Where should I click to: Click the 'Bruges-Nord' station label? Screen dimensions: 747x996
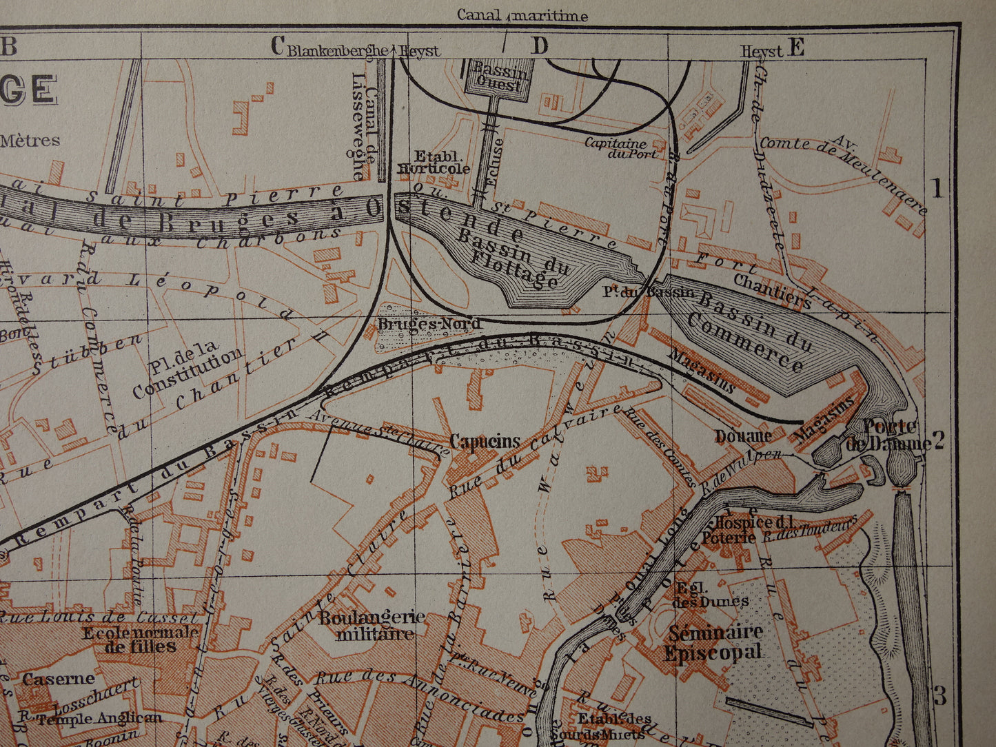click(428, 323)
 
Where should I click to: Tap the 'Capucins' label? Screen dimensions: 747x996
click(485, 441)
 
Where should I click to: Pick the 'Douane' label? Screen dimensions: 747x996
click(742, 436)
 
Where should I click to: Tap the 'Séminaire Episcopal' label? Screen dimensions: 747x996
click(714, 642)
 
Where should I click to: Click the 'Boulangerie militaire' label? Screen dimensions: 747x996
click(372, 625)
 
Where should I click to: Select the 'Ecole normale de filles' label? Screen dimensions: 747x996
click(140, 639)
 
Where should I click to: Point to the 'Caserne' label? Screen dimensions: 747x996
click(58, 679)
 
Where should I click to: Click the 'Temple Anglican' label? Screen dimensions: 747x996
click(100, 718)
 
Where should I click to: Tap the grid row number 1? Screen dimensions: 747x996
click(937, 188)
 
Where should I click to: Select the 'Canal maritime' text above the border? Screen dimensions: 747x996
click(522, 15)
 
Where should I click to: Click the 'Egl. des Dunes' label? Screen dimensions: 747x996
click(711, 594)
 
